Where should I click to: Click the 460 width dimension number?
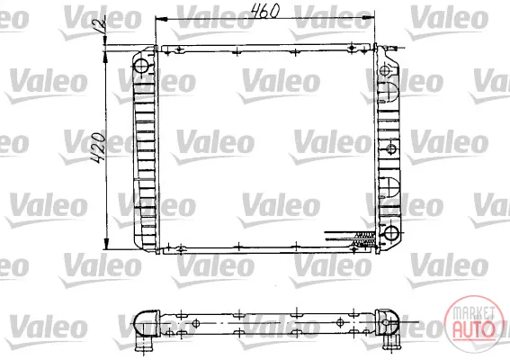[x=265, y=11]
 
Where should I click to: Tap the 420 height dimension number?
[x=98, y=148]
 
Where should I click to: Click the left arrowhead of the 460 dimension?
[x=162, y=20]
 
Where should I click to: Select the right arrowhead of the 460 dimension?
[x=369, y=19]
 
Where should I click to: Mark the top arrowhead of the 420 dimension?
[x=105, y=58]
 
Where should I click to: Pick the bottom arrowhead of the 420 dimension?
[x=106, y=244]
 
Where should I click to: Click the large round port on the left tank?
[x=141, y=66]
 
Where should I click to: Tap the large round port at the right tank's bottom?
[x=391, y=233]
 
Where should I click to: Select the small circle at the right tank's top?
[x=385, y=70]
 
